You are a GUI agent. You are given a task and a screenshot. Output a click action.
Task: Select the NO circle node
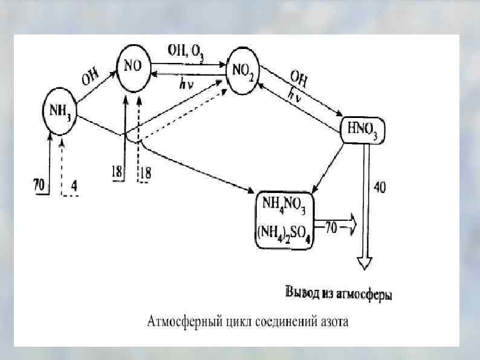click(x=133, y=67)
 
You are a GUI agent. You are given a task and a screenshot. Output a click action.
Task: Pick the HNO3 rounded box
click(x=363, y=129)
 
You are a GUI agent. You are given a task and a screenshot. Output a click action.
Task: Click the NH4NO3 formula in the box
click(x=284, y=203)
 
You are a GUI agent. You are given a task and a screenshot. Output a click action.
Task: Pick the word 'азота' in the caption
click(x=332, y=321)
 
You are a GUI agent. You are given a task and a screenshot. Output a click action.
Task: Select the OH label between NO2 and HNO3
click(x=299, y=79)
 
